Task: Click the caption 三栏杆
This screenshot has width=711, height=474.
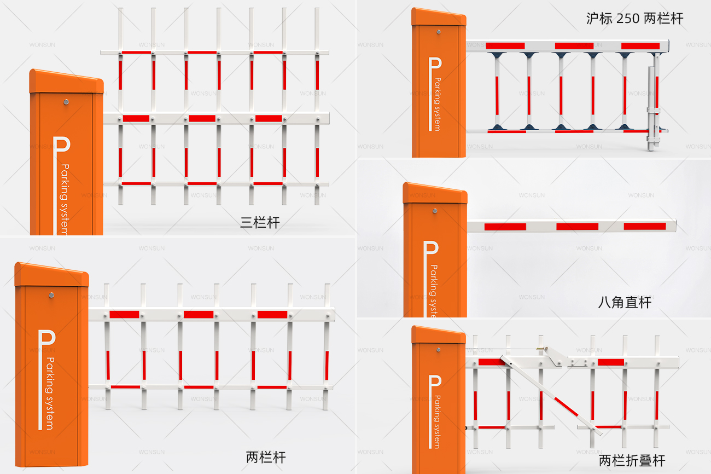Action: click(260, 222)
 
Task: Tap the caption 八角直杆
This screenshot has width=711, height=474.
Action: click(625, 302)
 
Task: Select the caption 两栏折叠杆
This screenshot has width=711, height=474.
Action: click(632, 460)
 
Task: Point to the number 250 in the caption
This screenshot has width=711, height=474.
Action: click(628, 18)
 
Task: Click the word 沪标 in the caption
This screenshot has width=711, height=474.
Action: click(598, 18)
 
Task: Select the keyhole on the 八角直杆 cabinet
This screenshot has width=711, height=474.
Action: click(435, 210)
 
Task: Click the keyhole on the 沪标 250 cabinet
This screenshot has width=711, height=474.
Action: click(438, 32)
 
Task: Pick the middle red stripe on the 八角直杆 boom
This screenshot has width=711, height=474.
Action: click(577, 226)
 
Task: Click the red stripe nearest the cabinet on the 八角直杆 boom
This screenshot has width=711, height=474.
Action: click(505, 226)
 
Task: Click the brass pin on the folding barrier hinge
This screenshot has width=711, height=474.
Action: click(541, 346)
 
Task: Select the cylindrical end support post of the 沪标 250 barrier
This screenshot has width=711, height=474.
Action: click(651, 109)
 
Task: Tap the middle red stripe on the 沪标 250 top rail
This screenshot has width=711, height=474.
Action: click(574, 46)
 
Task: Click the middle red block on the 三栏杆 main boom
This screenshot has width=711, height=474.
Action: click(202, 118)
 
